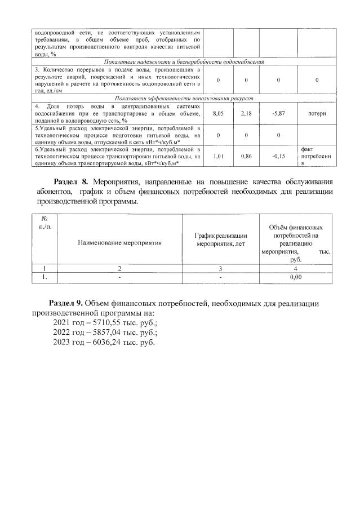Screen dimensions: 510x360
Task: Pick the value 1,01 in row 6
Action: pos(217,156)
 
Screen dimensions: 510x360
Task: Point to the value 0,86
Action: pos(246,156)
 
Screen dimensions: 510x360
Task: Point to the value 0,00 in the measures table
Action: pos(295,277)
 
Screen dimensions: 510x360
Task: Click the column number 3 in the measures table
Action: pos(220,269)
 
